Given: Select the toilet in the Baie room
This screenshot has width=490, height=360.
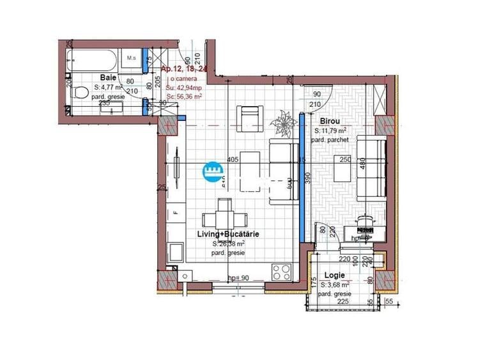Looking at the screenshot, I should [x=80, y=93].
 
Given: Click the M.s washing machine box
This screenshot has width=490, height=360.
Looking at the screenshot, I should [x=133, y=59].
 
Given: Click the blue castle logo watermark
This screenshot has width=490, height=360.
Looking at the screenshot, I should [x=212, y=169].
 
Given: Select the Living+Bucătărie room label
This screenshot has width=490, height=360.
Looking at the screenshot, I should [x=227, y=235].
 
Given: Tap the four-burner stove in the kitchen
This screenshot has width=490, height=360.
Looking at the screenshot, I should [x=282, y=272].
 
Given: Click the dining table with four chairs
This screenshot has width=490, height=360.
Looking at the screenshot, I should [x=223, y=216].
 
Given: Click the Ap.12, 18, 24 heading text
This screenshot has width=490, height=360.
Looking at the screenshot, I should [x=185, y=69].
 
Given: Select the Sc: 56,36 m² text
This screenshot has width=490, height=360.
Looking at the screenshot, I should [x=184, y=96].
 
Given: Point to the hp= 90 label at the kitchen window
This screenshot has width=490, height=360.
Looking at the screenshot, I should [x=238, y=278].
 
